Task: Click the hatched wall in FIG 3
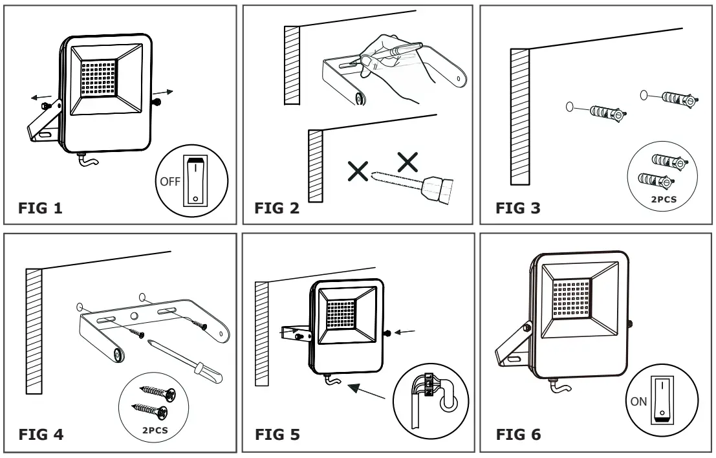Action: [x=519, y=114]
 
